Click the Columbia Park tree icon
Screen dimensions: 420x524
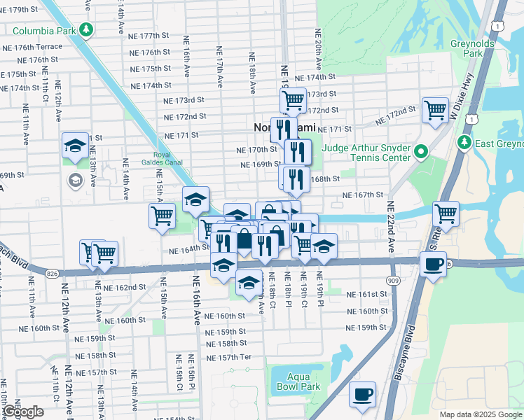coord(85,30)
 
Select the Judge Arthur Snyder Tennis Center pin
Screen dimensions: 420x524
coord(420,152)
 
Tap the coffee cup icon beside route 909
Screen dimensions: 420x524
coord(433,264)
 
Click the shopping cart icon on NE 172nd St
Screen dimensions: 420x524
coord(435,109)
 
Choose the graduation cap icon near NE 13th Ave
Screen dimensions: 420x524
coord(75,146)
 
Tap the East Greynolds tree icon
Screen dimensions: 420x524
coord(464,143)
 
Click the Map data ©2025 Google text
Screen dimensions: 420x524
coord(481,414)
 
